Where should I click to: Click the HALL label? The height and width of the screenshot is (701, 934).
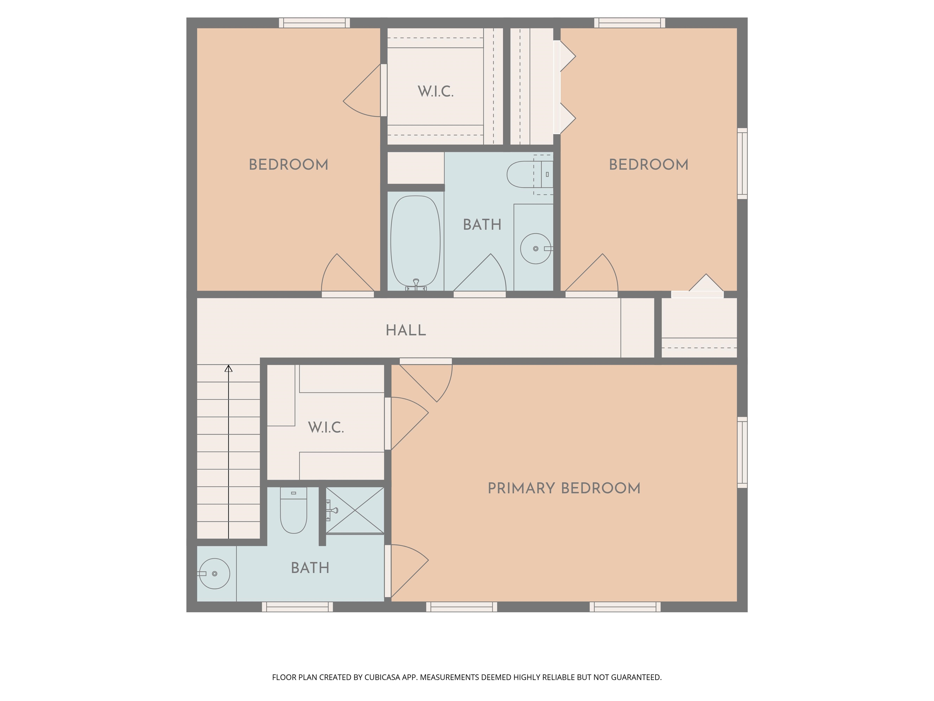coord(406,330)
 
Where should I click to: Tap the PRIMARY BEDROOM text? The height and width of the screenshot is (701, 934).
coord(564,488)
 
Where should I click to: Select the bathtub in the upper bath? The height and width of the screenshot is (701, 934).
coord(416,241)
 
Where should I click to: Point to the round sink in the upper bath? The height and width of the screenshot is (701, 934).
coord(535,249)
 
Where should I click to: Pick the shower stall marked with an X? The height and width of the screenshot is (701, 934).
coord(355,510)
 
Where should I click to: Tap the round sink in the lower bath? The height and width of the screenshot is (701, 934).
coord(215,574)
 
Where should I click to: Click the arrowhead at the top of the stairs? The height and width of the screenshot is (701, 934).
coord(228,368)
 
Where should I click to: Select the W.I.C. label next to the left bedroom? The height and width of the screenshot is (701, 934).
coord(435,91)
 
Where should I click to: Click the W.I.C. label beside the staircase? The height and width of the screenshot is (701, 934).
coord(326,427)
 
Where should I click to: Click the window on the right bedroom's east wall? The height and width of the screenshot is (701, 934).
coord(742,163)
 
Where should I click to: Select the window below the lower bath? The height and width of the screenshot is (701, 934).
coord(297,607)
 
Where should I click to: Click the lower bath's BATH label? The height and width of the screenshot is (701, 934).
coord(310,568)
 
